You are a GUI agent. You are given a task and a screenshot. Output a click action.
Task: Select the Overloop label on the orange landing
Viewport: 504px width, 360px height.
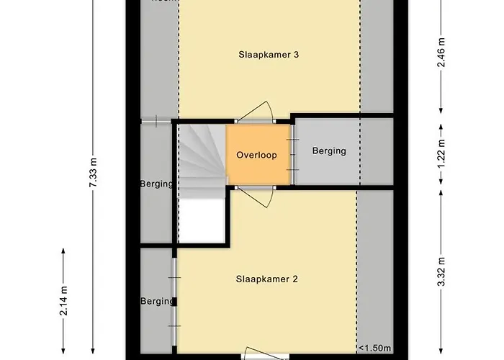(x=256, y=155)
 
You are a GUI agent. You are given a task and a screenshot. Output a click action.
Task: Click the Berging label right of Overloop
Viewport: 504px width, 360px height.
(x=329, y=151)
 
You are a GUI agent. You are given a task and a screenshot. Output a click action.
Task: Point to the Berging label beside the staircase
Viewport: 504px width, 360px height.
(x=156, y=184)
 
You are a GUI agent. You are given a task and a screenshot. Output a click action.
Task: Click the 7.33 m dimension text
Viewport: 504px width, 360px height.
(x=93, y=173)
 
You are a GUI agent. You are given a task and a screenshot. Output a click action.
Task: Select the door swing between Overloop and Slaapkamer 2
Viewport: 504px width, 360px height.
(x=255, y=195)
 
